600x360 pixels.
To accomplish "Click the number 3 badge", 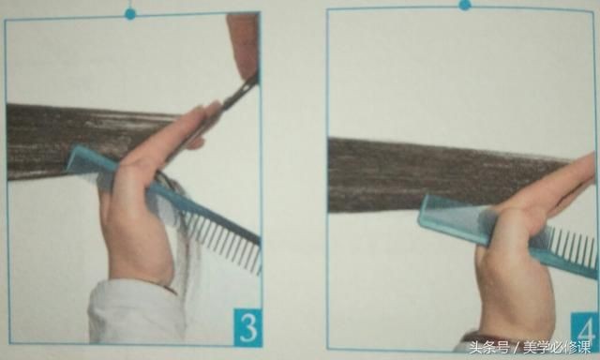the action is (247, 327).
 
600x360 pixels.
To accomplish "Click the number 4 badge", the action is (584, 329).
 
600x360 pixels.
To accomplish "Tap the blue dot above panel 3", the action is (130, 14).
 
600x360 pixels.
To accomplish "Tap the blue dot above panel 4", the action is (465, 5).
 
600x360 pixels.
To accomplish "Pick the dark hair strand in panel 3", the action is (84, 140).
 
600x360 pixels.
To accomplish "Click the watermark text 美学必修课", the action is (557, 348).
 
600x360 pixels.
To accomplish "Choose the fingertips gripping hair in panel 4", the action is (581, 169).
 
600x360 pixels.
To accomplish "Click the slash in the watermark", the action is (517, 348).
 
